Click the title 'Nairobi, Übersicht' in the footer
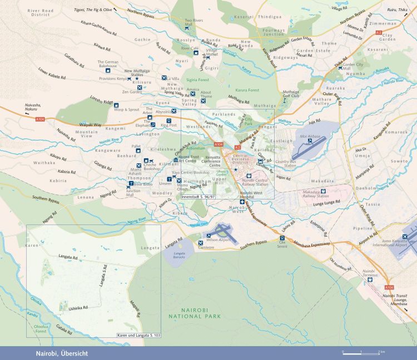[58, 353]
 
